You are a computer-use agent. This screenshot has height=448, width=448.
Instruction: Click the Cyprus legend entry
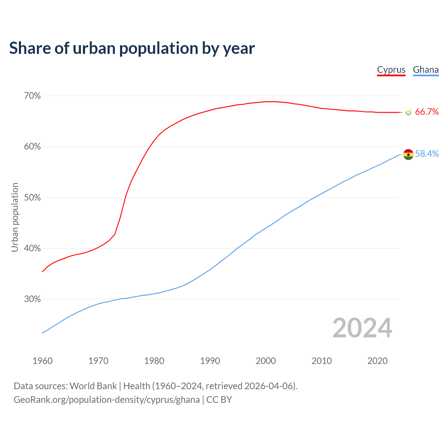[x=391, y=70]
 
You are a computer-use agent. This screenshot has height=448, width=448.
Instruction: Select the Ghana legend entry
[x=426, y=70]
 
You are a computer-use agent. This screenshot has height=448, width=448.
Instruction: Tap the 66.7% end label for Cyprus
[x=427, y=112]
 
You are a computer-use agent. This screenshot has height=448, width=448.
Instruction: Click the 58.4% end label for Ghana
[x=427, y=154]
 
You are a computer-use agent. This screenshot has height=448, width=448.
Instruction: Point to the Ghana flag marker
[x=408, y=154]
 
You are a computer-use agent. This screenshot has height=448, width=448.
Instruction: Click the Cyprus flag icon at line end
[x=408, y=112]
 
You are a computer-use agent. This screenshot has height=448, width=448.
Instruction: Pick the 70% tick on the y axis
[x=32, y=96]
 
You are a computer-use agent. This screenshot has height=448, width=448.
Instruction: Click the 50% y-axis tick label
[x=32, y=198]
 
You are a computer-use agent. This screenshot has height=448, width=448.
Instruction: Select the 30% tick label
[x=32, y=299]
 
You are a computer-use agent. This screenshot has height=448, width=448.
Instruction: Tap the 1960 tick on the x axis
[x=42, y=361]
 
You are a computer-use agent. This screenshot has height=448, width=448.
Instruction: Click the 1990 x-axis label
[x=210, y=361]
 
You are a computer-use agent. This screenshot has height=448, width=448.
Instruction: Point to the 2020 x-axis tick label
[x=377, y=361]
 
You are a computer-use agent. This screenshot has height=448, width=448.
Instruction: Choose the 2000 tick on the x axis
[x=266, y=361]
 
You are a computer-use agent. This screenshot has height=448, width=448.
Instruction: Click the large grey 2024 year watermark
[x=362, y=328]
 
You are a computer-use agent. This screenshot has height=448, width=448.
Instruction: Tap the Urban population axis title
[x=15, y=217]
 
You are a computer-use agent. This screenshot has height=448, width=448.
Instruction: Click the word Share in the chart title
[x=29, y=48]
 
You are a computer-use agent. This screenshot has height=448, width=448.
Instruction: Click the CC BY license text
[x=219, y=400]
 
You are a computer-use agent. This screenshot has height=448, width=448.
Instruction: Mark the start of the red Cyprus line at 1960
[x=43, y=272]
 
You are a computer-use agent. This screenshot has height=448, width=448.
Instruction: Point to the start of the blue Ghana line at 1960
[x=43, y=332]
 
